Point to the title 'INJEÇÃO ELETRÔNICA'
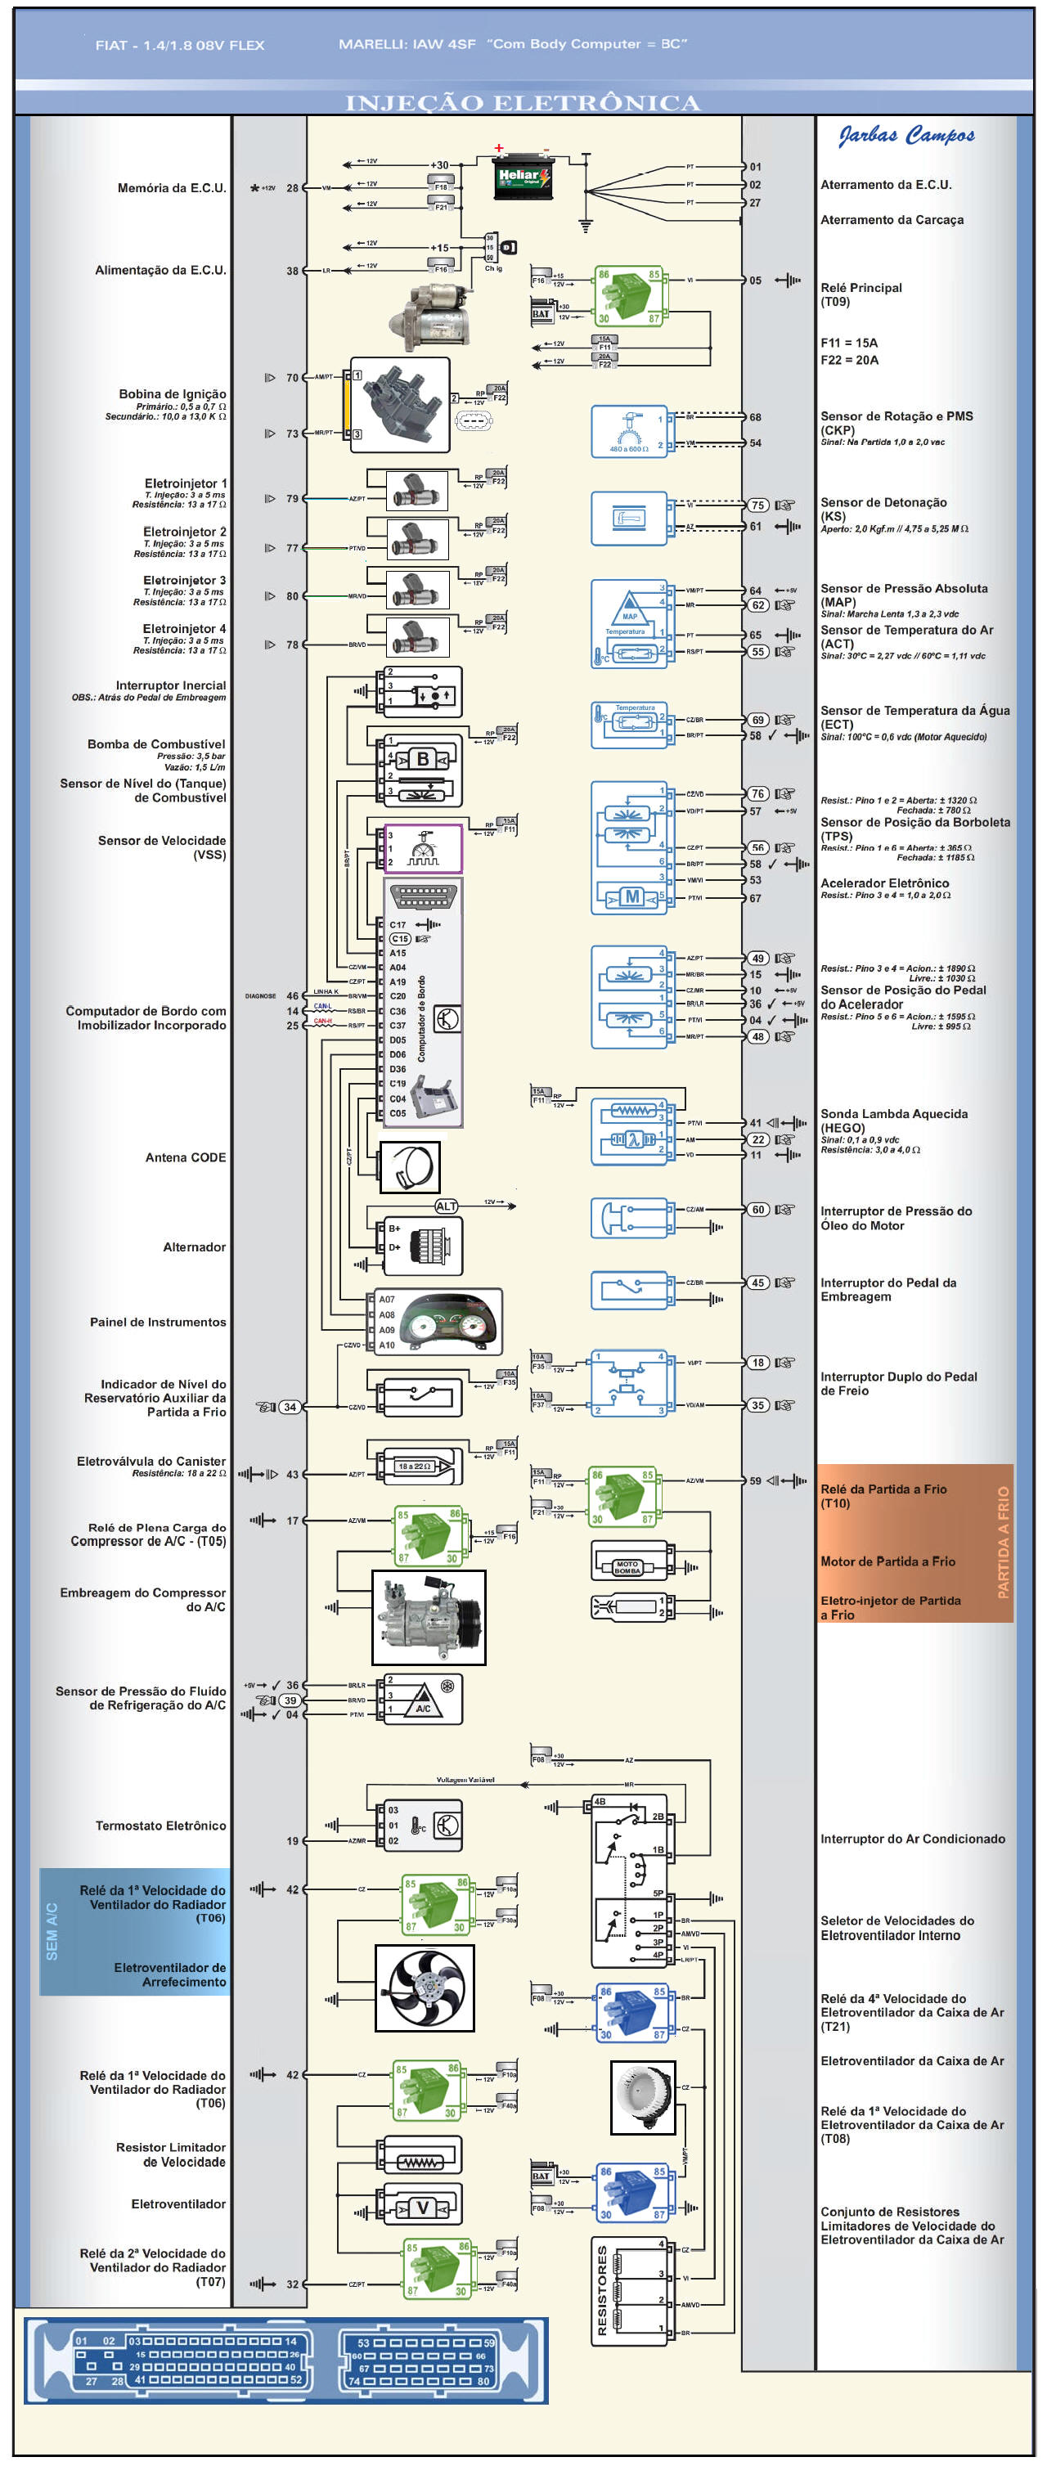[x=523, y=103]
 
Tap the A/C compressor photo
[x=429, y=1616]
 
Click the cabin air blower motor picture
[x=643, y=2095]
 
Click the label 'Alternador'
[x=194, y=1246]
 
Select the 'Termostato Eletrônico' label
[x=160, y=1825]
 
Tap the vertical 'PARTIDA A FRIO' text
[x=1003, y=1541]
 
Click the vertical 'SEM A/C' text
[x=52, y=1931]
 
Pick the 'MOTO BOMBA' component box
[x=628, y=1567]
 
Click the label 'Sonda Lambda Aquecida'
[x=893, y=1113]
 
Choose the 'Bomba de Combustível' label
[x=155, y=743]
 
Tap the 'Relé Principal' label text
[x=861, y=287]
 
